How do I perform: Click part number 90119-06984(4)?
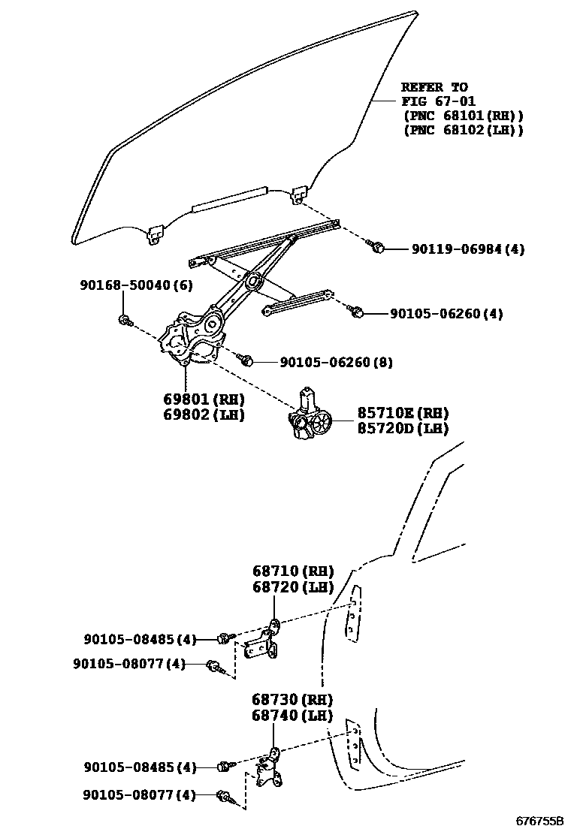(x=467, y=249)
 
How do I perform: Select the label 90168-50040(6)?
(x=136, y=285)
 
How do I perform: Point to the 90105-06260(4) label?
(x=446, y=313)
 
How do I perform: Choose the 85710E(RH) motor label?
(x=403, y=413)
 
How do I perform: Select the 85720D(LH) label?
(x=403, y=429)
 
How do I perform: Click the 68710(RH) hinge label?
(x=292, y=571)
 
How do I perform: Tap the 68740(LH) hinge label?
(x=292, y=716)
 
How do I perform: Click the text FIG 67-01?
(x=438, y=101)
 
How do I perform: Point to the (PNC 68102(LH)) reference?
(x=463, y=130)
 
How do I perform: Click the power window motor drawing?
(x=310, y=417)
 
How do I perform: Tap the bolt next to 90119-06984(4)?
(x=378, y=246)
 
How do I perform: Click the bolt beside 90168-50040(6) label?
(x=125, y=321)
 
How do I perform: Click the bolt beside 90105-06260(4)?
(x=357, y=311)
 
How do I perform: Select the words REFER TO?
(x=434, y=87)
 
